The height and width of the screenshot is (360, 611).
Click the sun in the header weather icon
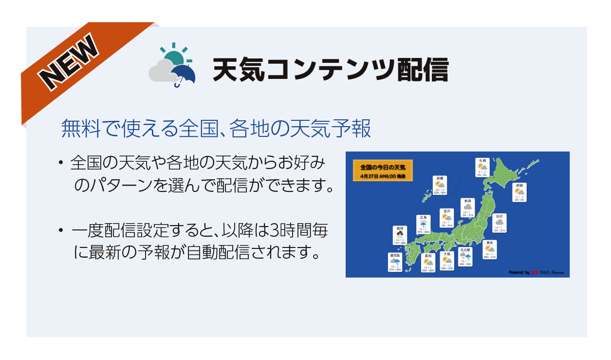[174, 57]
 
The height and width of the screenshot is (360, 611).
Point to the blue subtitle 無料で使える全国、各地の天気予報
[216, 129]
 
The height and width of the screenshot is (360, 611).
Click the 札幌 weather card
[482, 168]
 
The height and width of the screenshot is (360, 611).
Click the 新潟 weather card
[467, 208]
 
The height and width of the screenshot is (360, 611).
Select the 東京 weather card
[490, 249]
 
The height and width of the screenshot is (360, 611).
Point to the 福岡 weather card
[400, 235]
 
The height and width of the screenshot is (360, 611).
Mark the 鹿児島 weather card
[395, 263]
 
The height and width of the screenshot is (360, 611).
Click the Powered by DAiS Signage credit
[536, 272]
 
